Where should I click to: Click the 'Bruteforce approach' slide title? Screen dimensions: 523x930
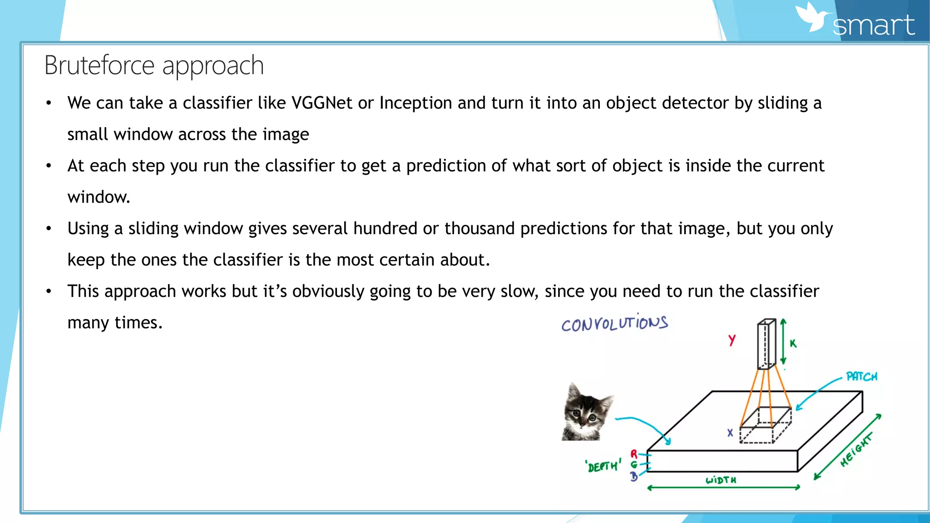point(154,65)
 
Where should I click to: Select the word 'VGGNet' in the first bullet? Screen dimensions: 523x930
point(322,103)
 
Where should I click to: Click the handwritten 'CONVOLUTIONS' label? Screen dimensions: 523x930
point(614,323)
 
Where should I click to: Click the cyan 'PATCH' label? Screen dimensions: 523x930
point(861,377)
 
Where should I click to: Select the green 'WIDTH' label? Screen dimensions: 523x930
point(721,480)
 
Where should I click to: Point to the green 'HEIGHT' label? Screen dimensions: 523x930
point(856,450)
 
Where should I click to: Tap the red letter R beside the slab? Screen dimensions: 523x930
point(634,454)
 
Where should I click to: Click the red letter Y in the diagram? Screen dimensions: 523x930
point(732,340)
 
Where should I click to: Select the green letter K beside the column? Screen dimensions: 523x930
point(793,343)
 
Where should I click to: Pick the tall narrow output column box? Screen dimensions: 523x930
point(766,344)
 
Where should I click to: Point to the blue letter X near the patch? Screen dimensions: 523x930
point(730,433)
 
